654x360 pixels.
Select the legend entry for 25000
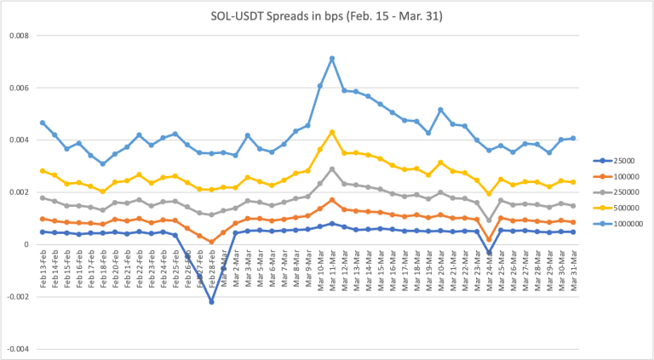click(619, 159)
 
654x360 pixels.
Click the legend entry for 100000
click(622, 175)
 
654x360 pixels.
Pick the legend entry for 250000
click(622, 191)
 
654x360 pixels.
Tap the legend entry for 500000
click(622, 208)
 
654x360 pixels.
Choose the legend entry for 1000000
click(624, 224)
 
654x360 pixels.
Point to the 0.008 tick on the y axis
click(19, 36)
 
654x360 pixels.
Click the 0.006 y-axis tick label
click(19, 88)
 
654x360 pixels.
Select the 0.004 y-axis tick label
click(19, 140)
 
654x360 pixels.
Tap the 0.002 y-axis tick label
click(19, 192)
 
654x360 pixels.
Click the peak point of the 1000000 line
click(332, 58)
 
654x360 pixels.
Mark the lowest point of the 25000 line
click(211, 301)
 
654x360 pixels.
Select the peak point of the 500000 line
click(332, 132)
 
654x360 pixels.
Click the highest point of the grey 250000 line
click(332, 169)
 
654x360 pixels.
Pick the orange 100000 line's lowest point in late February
click(211, 242)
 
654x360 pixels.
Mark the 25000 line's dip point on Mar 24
click(489, 253)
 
